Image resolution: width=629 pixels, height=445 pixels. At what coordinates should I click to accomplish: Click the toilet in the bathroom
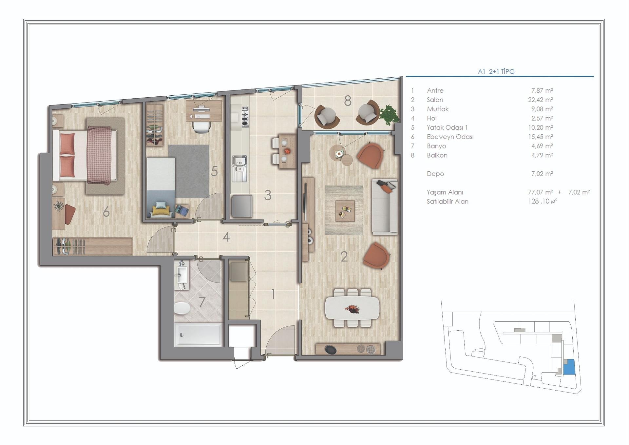click(182, 308)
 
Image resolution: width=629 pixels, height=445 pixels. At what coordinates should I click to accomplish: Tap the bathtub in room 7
click(199, 335)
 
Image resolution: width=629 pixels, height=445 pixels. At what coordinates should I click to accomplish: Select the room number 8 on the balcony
click(348, 101)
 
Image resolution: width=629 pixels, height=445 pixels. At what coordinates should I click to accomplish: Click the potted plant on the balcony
click(389, 115)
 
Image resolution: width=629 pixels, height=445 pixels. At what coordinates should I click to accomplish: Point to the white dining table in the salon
click(352, 308)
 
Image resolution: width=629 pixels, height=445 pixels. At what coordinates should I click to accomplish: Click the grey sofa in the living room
click(385, 207)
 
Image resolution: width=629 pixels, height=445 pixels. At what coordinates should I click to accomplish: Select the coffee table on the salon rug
click(345, 211)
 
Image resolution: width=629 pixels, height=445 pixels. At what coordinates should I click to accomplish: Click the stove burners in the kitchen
click(245, 117)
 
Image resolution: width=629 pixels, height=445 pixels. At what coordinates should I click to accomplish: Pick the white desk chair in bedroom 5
click(201, 126)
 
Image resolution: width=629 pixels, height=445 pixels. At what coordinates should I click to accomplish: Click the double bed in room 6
click(85, 155)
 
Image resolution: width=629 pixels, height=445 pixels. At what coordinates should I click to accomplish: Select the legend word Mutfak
click(438, 109)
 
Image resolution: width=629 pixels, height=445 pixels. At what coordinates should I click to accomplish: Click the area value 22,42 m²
click(541, 100)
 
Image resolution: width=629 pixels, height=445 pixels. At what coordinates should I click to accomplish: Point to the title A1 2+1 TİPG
click(496, 71)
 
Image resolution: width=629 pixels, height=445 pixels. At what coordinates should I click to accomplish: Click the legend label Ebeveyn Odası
click(450, 137)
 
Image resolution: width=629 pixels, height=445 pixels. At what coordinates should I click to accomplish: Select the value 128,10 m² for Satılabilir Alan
click(543, 202)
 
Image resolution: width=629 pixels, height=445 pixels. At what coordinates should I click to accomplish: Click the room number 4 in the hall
click(226, 237)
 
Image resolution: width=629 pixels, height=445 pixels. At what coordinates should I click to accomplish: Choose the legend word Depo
click(435, 174)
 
